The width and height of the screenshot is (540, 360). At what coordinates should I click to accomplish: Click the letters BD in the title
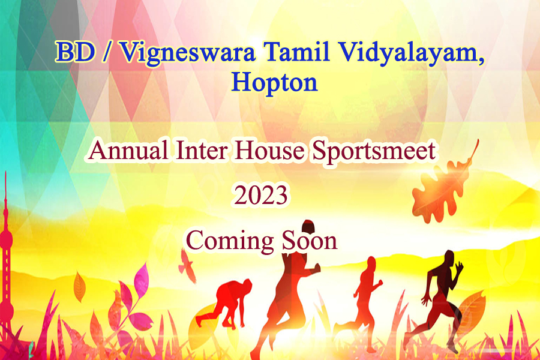click(x=76, y=52)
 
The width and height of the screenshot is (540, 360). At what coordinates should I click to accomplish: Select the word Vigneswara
click(x=188, y=53)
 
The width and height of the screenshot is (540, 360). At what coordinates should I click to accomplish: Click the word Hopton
click(x=274, y=83)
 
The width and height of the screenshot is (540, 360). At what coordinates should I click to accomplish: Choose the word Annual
click(x=129, y=150)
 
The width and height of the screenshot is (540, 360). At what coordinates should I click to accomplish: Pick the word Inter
click(x=202, y=150)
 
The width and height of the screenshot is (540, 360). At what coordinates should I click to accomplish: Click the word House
click(x=269, y=150)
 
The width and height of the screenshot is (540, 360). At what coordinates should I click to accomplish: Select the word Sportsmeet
click(x=374, y=152)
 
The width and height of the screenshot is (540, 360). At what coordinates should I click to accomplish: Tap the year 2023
click(x=261, y=195)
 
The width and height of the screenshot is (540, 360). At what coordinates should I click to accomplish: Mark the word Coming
click(x=230, y=242)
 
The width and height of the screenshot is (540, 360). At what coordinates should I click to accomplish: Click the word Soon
click(x=310, y=240)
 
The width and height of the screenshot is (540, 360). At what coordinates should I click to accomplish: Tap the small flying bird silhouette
click(x=187, y=266)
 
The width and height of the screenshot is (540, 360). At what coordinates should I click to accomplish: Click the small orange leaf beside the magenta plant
click(x=80, y=287)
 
